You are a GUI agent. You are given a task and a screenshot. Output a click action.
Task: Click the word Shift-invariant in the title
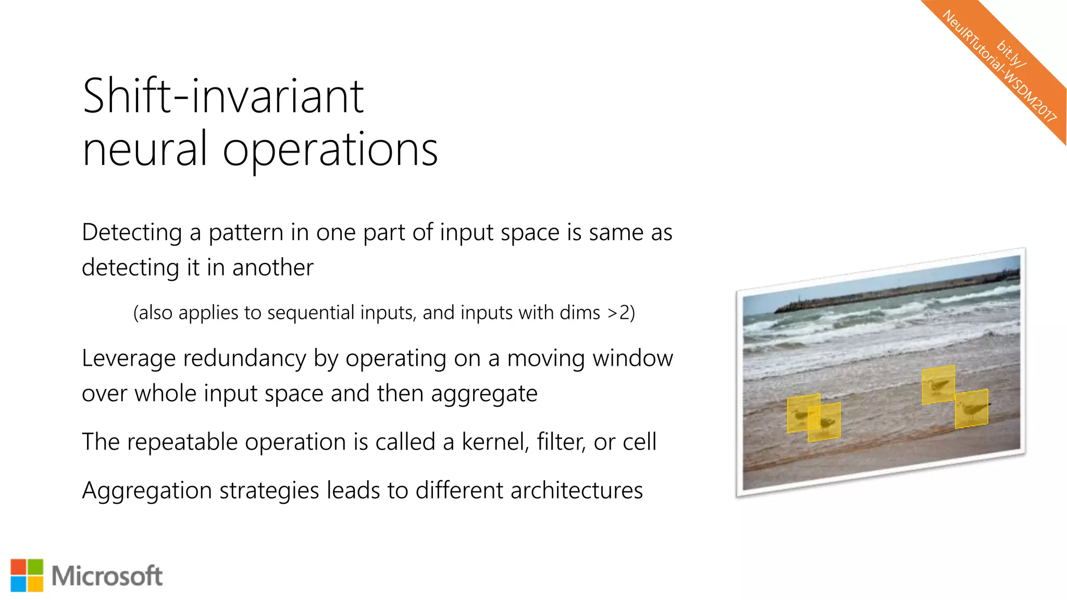[223, 96]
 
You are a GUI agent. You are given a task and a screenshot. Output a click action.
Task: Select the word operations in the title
[330, 150]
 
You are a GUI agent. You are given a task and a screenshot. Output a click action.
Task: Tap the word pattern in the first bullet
[246, 232]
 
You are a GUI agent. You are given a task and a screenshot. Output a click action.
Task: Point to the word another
[272, 268]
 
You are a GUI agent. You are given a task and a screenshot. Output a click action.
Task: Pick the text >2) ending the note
[621, 312]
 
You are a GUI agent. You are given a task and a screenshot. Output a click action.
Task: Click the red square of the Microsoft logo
[18, 567]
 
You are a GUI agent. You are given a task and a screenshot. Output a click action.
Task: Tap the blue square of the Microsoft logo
[18, 584]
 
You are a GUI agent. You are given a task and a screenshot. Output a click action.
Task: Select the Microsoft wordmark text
[107, 576]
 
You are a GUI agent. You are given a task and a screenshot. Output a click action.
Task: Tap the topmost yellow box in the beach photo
[938, 385]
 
